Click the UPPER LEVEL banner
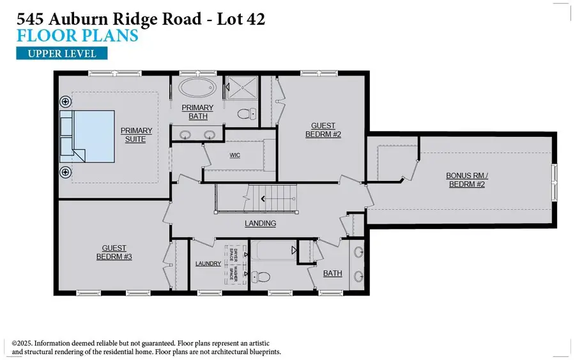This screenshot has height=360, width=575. tap(62, 53)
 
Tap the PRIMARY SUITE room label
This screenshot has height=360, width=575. tap(135, 135)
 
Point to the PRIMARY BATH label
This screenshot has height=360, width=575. tap(197, 112)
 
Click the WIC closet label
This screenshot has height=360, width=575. tap(234, 155)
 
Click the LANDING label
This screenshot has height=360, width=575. tap(260, 223)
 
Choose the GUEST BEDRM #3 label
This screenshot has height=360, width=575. tap(114, 252)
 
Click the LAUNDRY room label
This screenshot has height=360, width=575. tap(208, 263)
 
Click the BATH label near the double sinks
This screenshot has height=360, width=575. tap(332, 273)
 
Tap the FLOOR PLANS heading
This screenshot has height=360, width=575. tap(77, 35)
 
